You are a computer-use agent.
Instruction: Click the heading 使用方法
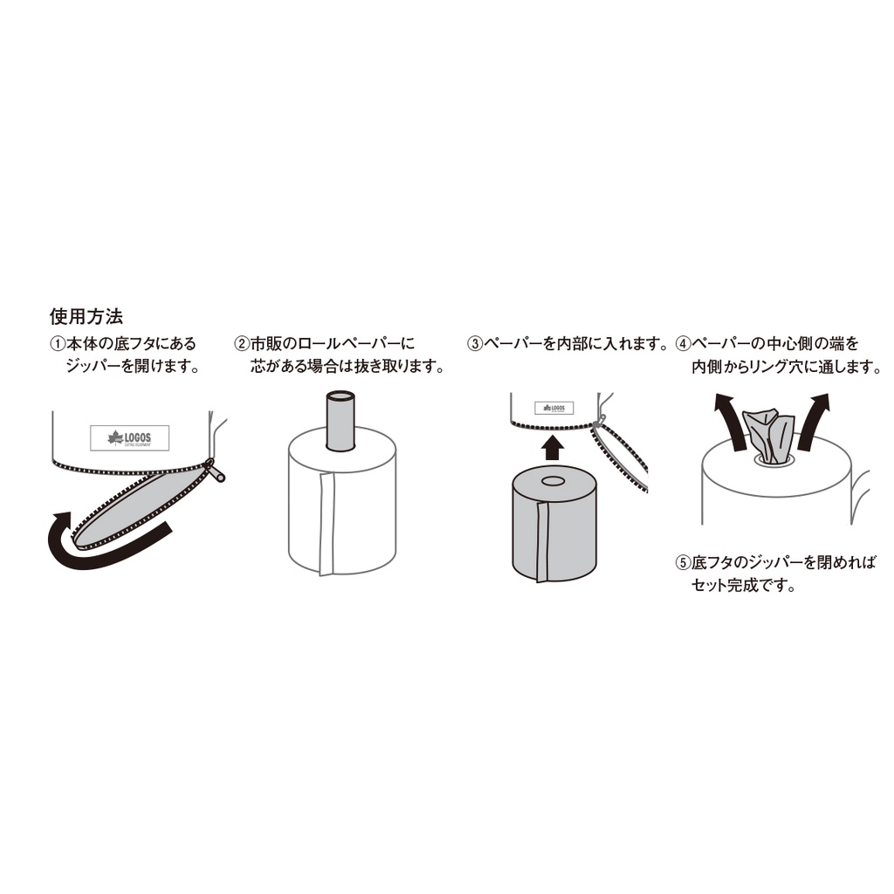[86, 316]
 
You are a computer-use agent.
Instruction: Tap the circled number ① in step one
[58, 344]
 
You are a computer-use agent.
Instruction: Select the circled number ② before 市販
[242, 344]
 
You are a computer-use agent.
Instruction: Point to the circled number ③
[475, 344]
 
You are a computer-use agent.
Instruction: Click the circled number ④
[683, 344]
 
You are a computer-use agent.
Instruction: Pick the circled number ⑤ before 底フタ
[683, 563]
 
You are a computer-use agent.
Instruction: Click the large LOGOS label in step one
[129, 438]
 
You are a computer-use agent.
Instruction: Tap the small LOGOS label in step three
[554, 409]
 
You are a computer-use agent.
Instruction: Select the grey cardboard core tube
[340, 421]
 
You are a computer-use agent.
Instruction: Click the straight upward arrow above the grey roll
[552, 448]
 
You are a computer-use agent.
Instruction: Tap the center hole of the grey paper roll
[552, 482]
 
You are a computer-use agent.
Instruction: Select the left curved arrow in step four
[731, 421]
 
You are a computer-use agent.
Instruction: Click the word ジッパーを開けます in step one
[134, 366]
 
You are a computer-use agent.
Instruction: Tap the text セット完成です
[744, 586]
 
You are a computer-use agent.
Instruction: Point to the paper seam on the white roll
[327, 523]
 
